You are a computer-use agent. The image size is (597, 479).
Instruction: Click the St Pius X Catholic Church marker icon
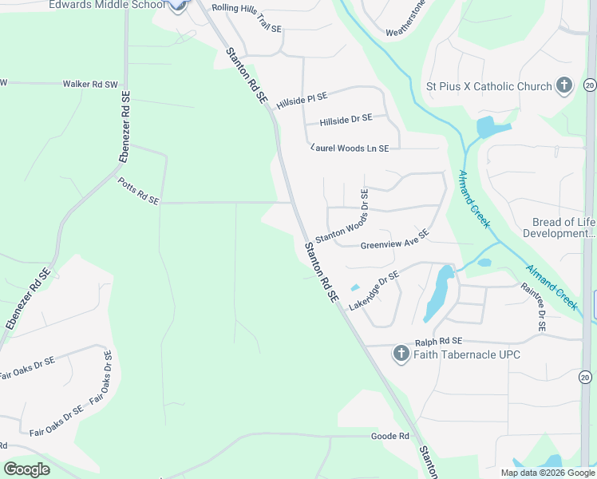point(564,85)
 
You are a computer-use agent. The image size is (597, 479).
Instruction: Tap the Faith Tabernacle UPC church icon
point(401,354)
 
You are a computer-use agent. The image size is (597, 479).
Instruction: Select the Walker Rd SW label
point(90,83)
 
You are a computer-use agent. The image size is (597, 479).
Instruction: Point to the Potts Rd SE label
point(138,191)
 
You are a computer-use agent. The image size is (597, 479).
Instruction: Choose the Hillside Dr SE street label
point(346,121)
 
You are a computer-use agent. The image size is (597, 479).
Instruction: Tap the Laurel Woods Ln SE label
point(350,148)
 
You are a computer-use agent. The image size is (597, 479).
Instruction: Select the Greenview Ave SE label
point(394,239)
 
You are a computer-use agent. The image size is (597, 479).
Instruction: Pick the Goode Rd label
point(389,436)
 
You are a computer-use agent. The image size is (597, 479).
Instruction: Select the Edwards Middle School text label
point(107,5)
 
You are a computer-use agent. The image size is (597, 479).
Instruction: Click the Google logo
point(26,469)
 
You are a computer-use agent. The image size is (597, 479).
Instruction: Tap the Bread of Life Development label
point(563,228)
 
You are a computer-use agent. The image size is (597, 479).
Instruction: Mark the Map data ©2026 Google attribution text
point(548,473)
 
